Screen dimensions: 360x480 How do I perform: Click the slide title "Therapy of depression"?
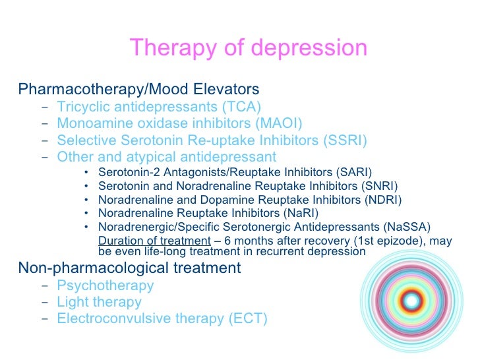coord(248,48)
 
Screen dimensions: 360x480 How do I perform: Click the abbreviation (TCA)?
coord(241,106)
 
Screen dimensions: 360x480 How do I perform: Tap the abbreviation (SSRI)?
coord(343,140)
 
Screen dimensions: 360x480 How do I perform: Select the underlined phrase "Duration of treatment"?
coord(154,241)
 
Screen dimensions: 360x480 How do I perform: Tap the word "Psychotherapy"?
coord(105,285)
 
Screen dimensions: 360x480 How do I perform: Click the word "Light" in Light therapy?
coord(72,302)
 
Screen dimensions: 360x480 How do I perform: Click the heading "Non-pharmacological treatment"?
coord(129,268)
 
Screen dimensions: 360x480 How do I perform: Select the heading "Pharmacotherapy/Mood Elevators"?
coord(138,88)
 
